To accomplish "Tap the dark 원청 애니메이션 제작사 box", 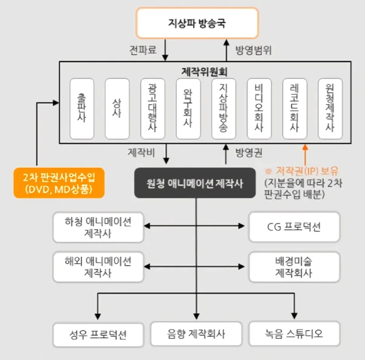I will (x=196, y=182).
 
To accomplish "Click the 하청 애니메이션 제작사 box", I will (x=98, y=226).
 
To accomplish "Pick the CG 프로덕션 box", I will (x=294, y=227).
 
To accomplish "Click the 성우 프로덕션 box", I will (x=98, y=333).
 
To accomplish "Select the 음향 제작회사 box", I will (x=196, y=333).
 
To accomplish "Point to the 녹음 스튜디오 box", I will (x=294, y=333).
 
